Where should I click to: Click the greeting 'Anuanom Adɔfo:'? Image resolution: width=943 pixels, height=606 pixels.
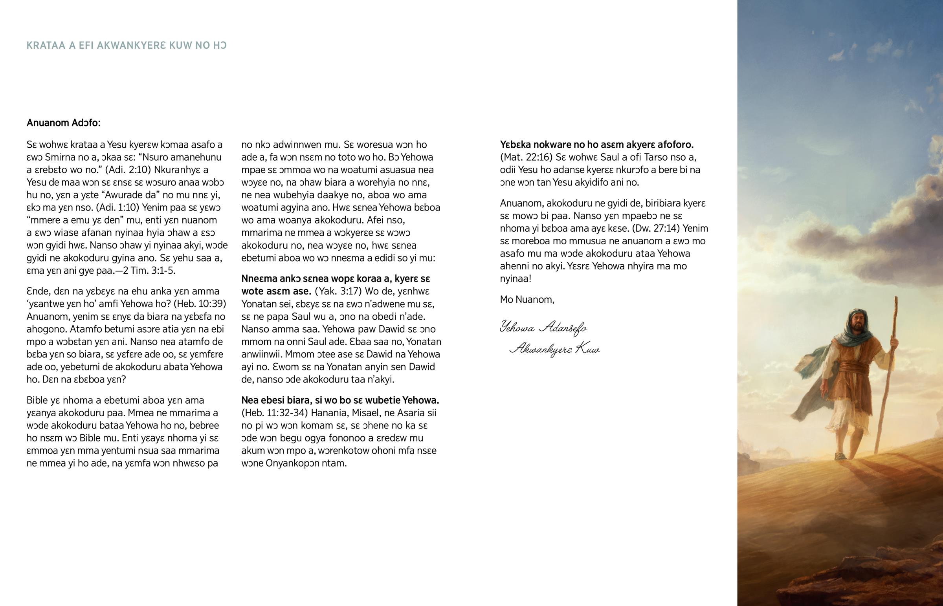click(63, 123)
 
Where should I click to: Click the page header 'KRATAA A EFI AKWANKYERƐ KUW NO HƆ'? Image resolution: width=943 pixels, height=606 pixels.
click(127, 46)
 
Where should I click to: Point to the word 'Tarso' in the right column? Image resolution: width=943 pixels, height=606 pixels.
click(657, 157)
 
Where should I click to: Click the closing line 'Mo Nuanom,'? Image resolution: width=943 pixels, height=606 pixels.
click(527, 299)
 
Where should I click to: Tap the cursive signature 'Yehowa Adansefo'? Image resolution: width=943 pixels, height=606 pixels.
click(543, 328)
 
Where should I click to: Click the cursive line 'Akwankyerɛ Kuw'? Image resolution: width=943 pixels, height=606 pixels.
click(554, 349)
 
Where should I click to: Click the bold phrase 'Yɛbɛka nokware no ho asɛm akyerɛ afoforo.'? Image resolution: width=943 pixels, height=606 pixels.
click(597, 145)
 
